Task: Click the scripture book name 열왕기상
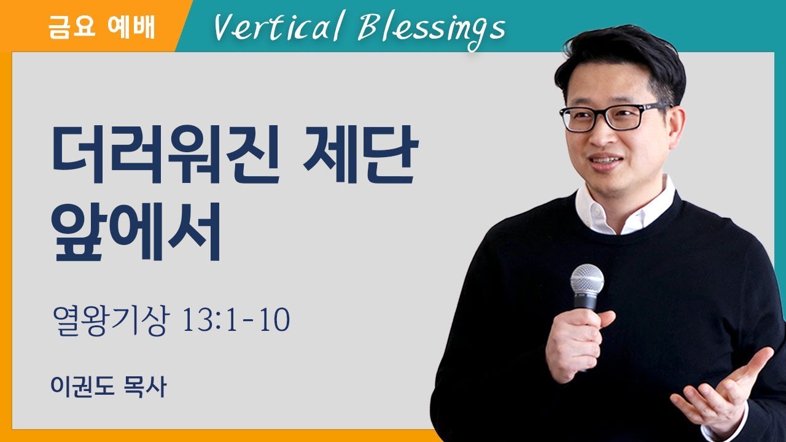110,321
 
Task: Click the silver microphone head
586,279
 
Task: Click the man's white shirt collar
620,209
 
